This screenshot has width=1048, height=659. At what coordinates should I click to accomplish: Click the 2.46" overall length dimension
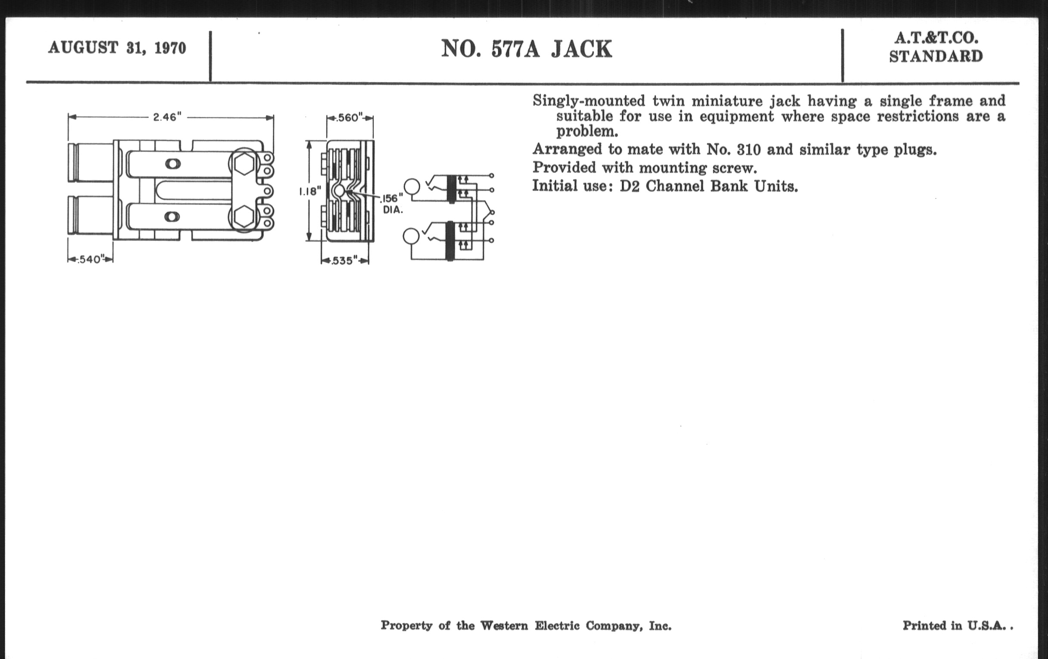(x=167, y=117)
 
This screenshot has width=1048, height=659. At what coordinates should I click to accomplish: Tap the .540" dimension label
(x=90, y=259)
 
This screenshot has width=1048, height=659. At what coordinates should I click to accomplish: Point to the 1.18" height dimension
(x=309, y=191)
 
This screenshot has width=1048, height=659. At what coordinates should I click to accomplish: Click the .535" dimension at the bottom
(x=345, y=261)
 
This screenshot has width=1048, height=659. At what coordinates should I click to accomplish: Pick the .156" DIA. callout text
(x=392, y=204)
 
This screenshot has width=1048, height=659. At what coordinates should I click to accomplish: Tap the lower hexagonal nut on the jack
(x=244, y=217)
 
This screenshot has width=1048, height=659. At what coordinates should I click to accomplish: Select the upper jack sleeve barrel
(x=90, y=162)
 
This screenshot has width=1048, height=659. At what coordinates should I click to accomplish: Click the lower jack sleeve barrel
(x=90, y=215)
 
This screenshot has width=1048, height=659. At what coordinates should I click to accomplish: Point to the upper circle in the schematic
(x=412, y=187)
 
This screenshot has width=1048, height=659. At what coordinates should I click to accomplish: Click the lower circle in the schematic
(x=411, y=236)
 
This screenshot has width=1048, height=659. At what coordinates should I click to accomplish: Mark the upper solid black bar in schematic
(x=451, y=189)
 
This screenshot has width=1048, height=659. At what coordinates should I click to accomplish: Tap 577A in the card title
(x=515, y=49)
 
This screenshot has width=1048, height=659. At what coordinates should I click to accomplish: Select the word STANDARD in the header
(x=936, y=56)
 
